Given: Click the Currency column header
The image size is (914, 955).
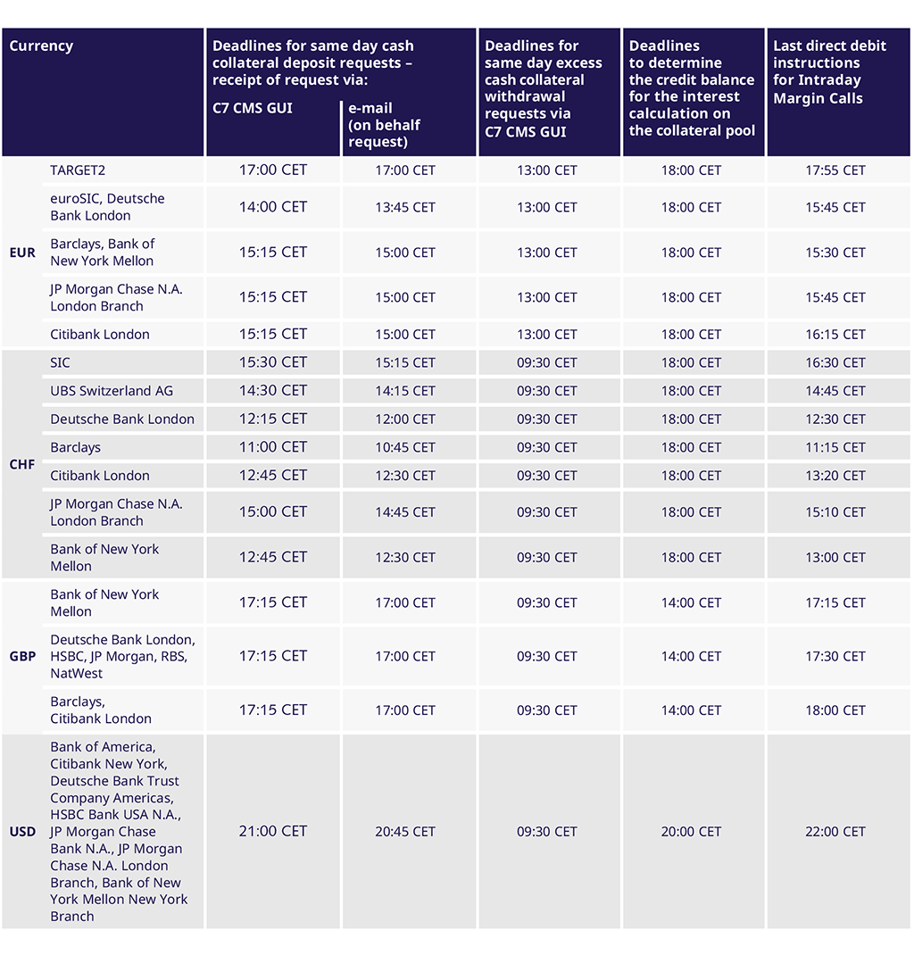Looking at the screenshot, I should point(41,46).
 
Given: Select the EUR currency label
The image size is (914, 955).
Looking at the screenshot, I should point(22,253).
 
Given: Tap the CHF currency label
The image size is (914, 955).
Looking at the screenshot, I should point(22,464).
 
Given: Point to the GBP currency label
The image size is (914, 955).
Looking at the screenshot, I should point(22,656).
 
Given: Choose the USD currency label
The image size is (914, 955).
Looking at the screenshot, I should point(22,832).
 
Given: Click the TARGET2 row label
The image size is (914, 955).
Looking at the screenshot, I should point(78,170).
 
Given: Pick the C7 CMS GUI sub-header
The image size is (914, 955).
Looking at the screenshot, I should point(252,108).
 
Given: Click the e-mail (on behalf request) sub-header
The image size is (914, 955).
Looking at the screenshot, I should point(385,125).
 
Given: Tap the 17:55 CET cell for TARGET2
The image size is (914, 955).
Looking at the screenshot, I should point(835,170).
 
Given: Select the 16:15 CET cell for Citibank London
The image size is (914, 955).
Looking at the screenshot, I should point(835,335).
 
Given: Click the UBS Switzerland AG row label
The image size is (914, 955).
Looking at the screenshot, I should point(112,391).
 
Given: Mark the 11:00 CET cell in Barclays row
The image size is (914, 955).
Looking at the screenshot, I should point(273,447).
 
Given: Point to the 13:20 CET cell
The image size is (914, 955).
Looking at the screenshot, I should point(835,476).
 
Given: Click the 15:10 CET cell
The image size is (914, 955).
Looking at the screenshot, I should point(835,512).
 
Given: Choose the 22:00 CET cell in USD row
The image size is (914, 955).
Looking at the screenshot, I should point(835,832).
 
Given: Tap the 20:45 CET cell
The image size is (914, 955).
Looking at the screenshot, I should point(405,832).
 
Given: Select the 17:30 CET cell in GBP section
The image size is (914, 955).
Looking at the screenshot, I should point(835,656).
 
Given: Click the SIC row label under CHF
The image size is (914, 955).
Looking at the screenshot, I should point(60,363).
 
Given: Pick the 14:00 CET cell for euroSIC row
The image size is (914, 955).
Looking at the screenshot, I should point(273,207).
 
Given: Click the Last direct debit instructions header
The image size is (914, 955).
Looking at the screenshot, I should point(829,71).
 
